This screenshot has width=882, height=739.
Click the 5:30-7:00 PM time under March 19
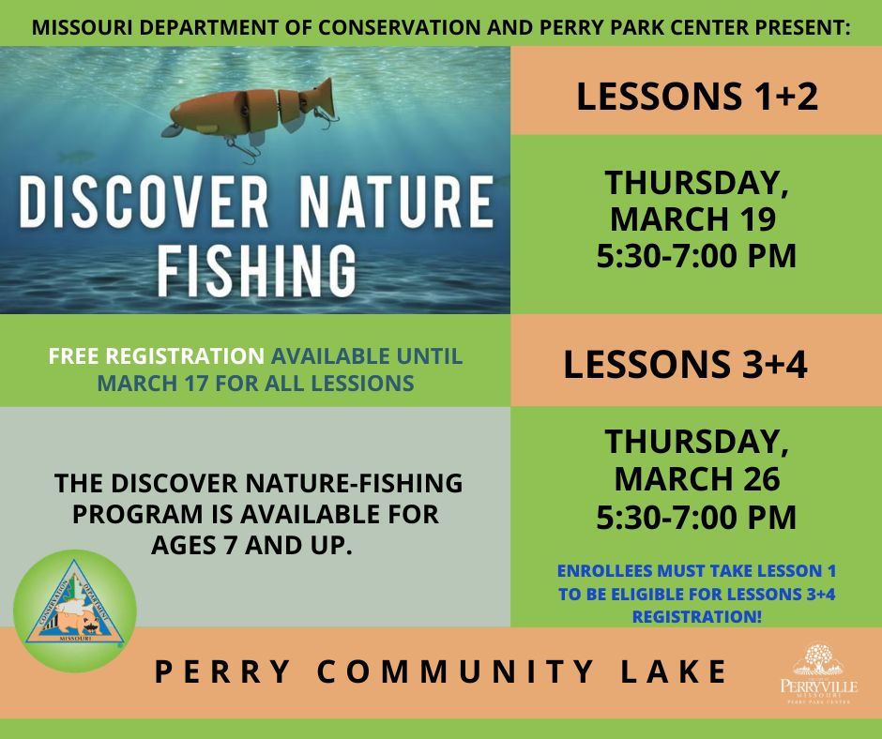(x=696, y=254)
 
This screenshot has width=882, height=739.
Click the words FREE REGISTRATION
(x=157, y=357)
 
